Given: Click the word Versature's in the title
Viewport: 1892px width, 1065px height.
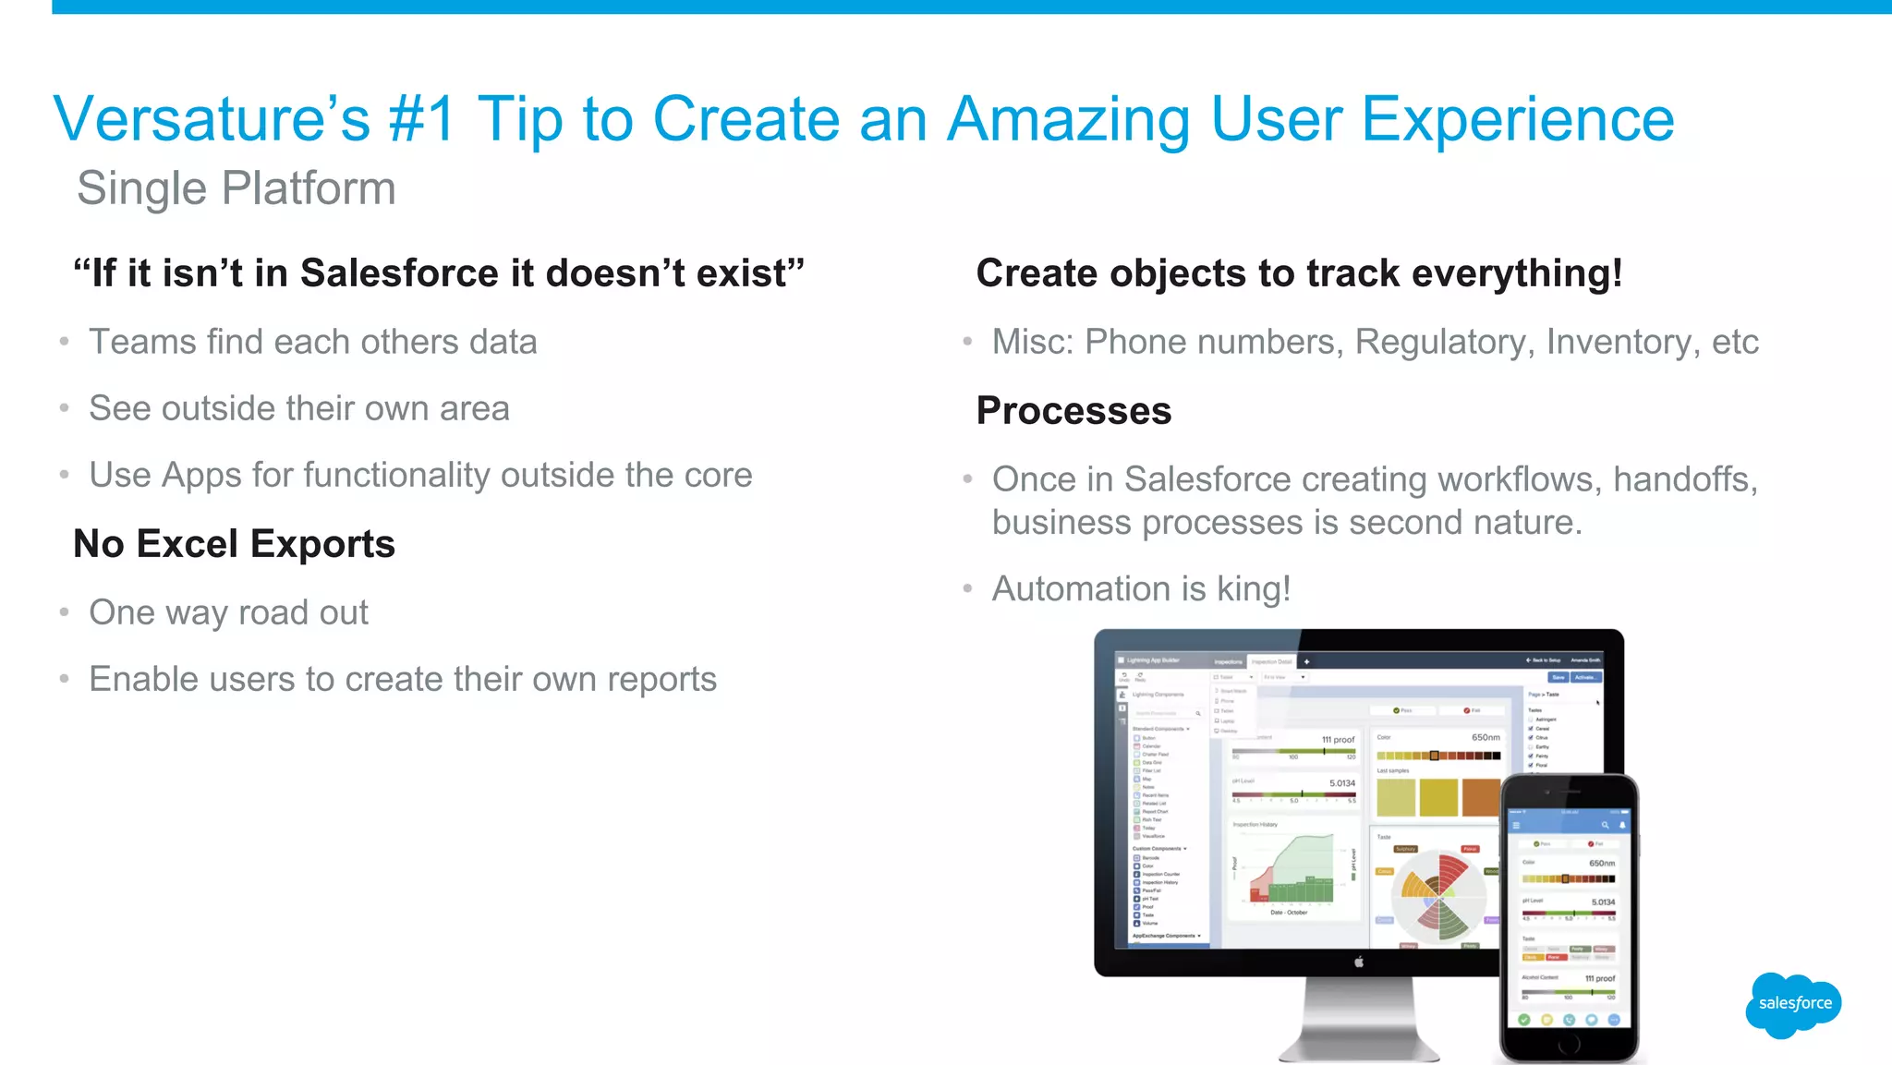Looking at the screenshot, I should point(212,120).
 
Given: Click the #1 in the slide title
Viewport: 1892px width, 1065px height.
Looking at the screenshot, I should point(421,120).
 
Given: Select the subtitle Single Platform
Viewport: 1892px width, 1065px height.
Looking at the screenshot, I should point(236,188).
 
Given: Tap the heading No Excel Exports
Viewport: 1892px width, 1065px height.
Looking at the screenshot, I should point(234,544).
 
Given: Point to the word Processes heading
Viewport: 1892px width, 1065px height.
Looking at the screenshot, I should point(1073,411).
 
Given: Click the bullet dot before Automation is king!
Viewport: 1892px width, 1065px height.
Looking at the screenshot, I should point(967,588).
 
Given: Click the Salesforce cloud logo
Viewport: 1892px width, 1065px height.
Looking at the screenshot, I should point(1793,1004).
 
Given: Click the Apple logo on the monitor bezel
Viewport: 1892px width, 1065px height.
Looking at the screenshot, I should point(1359,962).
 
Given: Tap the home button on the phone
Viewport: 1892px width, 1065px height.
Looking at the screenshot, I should point(1569,1046).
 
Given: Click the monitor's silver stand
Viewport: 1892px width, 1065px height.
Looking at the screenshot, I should point(1359,1021).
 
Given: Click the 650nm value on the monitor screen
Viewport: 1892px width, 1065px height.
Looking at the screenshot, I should point(1486,737).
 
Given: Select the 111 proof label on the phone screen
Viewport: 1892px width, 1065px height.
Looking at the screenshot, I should point(1600,978).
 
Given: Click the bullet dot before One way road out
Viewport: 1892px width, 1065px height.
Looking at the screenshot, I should point(64,612).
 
